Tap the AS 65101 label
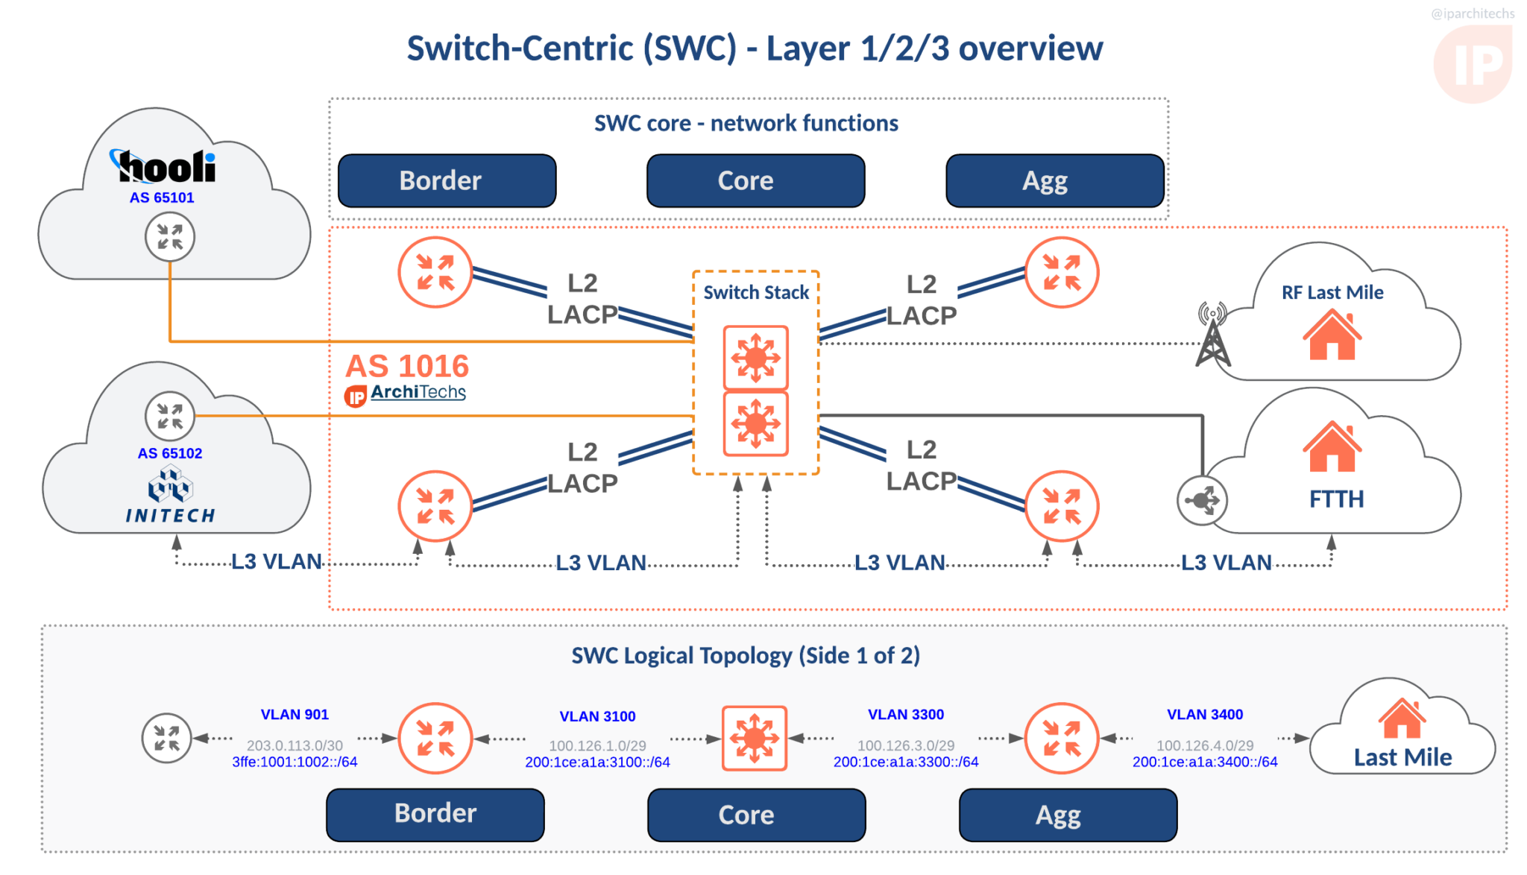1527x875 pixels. coord(162,198)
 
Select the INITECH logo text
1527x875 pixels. coord(171,515)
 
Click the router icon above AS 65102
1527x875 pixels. coord(170,416)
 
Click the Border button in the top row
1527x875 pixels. coord(447,181)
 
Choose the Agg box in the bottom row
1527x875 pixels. coord(1067,815)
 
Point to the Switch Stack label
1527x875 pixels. coord(756,292)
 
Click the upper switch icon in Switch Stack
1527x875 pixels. coord(755,358)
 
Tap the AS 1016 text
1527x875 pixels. coord(407,366)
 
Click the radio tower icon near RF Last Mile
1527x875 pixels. coord(1213,335)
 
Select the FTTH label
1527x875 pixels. coord(1336,499)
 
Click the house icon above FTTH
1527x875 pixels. coord(1332,446)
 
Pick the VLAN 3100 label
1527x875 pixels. coord(597,716)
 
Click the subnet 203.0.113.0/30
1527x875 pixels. coord(295,745)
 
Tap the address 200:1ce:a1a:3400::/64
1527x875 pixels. coord(1204,762)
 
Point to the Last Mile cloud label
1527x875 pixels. coord(1402,757)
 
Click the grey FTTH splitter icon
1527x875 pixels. coord(1202,500)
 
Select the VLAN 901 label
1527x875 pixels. coord(295,714)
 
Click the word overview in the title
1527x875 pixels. coord(1030,49)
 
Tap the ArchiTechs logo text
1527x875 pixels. coord(418,392)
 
